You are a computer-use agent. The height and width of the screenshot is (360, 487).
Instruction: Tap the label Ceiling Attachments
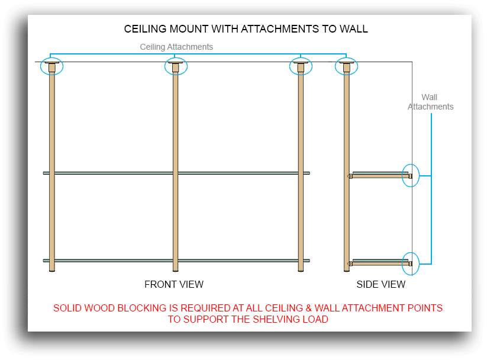coord(176,47)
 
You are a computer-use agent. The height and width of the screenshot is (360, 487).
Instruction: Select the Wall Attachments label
coord(430,102)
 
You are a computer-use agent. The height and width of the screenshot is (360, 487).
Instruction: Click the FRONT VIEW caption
coord(174,285)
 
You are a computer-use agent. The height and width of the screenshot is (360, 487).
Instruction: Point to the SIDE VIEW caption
coord(381,285)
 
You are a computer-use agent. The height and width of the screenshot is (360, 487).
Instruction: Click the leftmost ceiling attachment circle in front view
coord(51,66)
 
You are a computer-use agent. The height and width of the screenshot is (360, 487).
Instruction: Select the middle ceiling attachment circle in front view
coord(175,66)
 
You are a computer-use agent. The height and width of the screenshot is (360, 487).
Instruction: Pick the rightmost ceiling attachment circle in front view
coord(301,66)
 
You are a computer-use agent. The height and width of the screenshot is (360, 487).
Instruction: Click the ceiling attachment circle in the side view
coord(346,66)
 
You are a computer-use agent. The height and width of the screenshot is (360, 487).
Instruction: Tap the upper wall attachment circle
coord(410,176)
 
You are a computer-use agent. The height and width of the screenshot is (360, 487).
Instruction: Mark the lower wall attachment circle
coord(410,263)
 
